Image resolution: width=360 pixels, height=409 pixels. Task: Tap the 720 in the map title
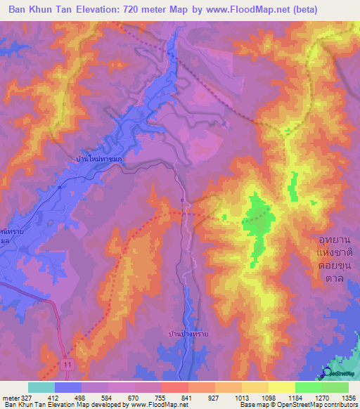point(139,10)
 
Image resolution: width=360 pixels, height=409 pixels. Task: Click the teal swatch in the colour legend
point(41,387)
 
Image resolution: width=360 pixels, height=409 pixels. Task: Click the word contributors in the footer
point(340,405)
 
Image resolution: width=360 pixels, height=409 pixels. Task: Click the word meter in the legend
point(10,397)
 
